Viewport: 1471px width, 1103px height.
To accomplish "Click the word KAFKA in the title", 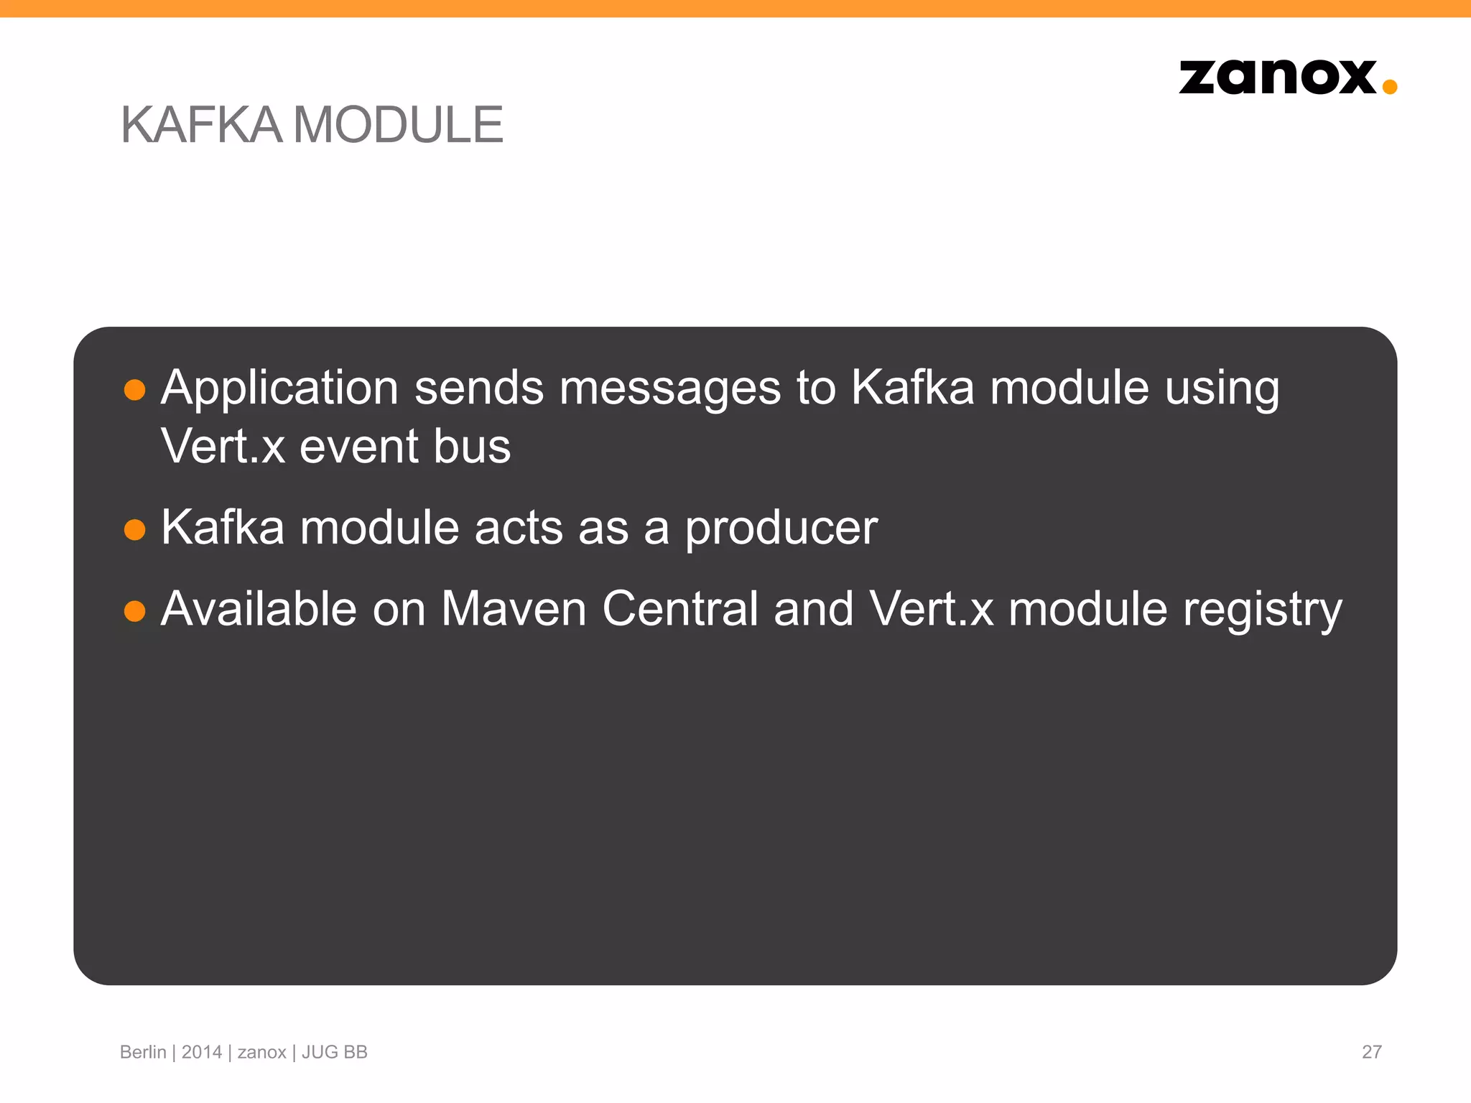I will click(x=202, y=125).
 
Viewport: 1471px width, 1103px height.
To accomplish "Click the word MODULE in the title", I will click(x=398, y=125).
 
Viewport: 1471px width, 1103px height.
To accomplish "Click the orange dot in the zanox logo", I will click(x=1389, y=87).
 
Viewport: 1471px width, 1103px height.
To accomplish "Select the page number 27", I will click(x=1371, y=1052).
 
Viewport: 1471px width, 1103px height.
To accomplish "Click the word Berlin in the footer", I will click(x=143, y=1052).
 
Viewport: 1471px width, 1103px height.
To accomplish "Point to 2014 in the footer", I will click(x=202, y=1052).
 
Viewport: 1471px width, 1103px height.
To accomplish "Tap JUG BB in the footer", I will click(x=334, y=1052).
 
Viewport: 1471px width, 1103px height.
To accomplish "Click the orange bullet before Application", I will click(x=135, y=390).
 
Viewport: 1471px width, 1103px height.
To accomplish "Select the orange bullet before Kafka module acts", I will click(x=135, y=530).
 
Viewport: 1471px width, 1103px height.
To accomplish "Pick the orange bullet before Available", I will click(x=135, y=611).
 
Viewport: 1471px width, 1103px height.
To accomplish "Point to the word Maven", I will click(x=514, y=609).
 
